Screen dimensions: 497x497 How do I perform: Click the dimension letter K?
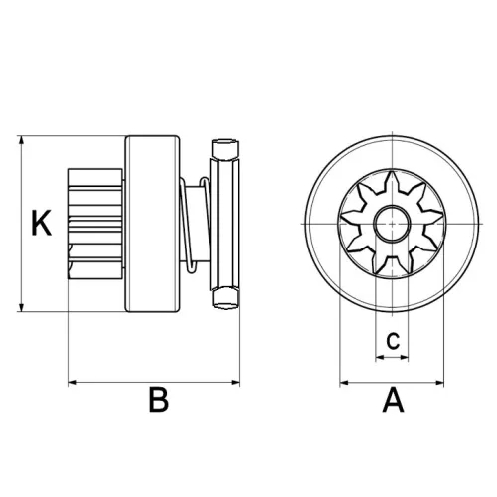pyautogui.click(x=40, y=224)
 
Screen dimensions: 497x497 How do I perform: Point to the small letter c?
pyautogui.click(x=393, y=339)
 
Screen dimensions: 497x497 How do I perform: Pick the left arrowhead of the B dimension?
pyautogui.click(x=71, y=380)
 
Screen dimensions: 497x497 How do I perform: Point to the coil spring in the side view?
pyautogui.click(x=195, y=225)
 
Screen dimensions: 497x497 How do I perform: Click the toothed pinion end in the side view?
pyautogui.click(x=93, y=225)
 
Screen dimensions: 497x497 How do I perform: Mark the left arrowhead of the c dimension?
pyautogui.click(x=377, y=356)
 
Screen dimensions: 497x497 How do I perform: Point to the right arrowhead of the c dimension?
pyautogui.click(x=411, y=356)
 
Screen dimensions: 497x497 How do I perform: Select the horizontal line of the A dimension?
pyautogui.click(x=394, y=380)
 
